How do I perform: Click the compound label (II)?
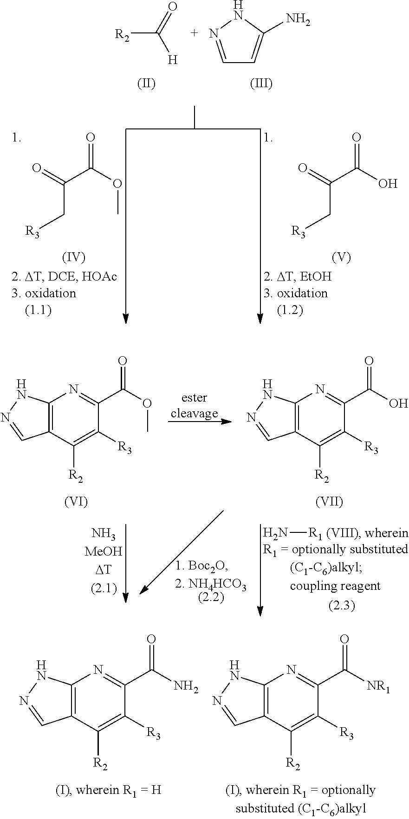tap(146, 83)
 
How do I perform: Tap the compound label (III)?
tap(261, 83)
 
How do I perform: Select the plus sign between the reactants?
tap(194, 33)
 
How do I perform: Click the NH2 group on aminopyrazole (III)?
tap(298, 20)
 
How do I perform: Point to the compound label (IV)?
tap(73, 257)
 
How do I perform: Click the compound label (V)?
tap(341, 257)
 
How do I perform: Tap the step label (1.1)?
tap(38, 310)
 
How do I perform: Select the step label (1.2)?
tap(290, 310)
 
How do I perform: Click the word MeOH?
tap(103, 551)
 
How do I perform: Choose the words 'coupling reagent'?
tap(335, 586)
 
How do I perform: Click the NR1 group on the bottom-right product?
tap(378, 687)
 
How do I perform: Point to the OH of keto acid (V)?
tap(388, 184)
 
